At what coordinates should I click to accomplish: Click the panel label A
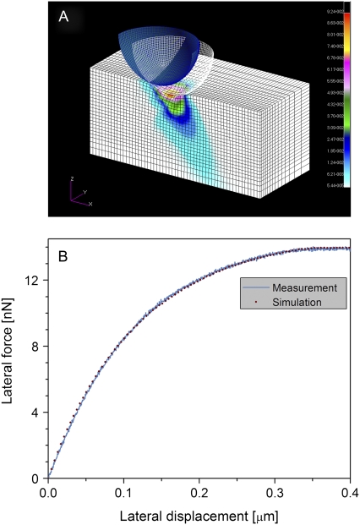[x=63, y=18]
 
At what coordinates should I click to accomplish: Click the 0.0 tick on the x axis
[x=49, y=491]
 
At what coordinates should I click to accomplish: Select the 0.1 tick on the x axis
[x=124, y=491]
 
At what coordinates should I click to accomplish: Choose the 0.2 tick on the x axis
[x=199, y=491]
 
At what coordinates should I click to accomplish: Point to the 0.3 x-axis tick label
[x=275, y=491]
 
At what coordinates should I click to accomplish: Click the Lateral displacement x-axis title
[x=198, y=512]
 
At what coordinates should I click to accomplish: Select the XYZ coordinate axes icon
[x=78, y=196]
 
